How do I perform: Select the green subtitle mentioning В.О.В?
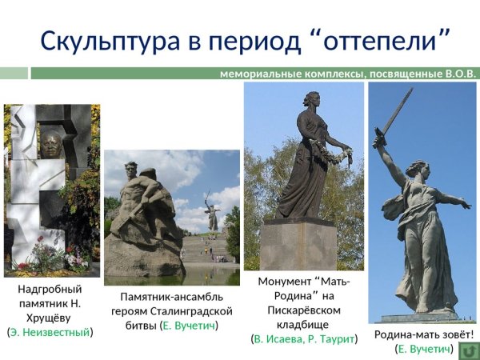click(x=348, y=74)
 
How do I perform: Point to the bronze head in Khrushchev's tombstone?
click(x=51, y=145)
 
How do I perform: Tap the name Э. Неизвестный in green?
click(x=50, y=331)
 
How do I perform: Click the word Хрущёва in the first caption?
click(x=50, y=318)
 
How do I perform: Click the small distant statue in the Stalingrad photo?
click(x=212, y=212)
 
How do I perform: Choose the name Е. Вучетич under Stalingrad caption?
click(x=189, y=325)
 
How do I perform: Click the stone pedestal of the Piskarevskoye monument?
click(x=298, y=244)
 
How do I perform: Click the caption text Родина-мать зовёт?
click(x=424, y=334)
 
